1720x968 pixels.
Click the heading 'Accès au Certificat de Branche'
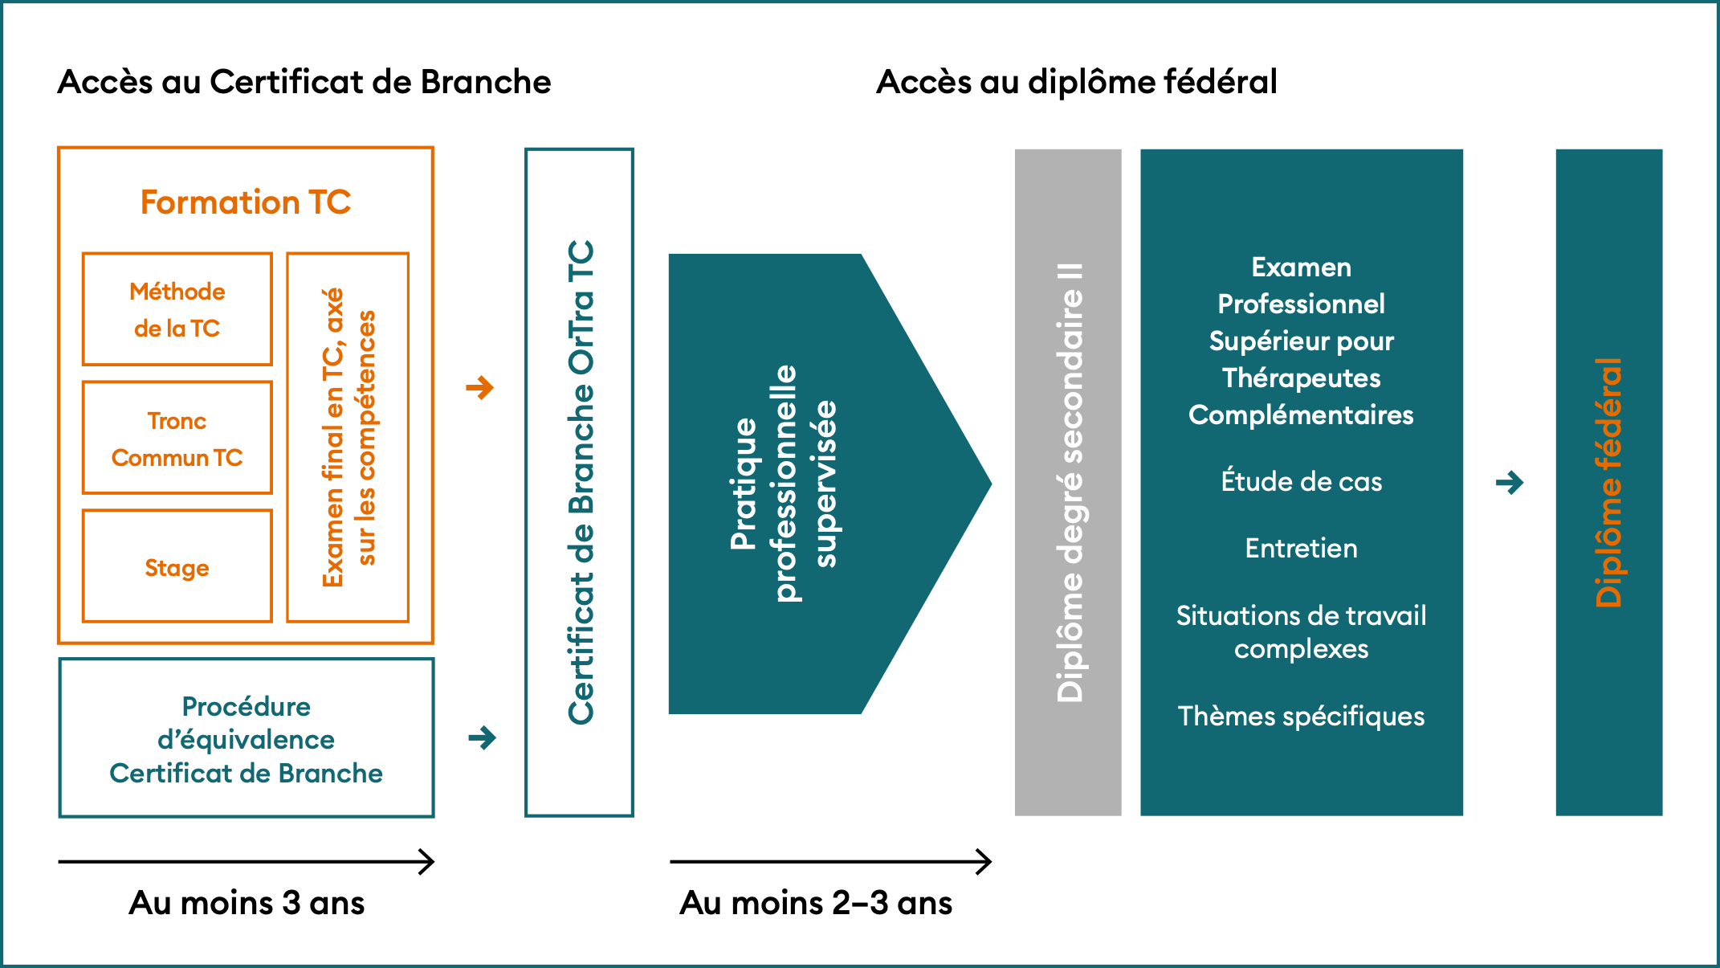(x=304, y=82)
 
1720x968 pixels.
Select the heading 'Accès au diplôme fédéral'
(x=1076, y=82)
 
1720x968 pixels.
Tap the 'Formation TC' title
(x=246, y=202)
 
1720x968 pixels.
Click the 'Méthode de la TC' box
(x=177, y=309)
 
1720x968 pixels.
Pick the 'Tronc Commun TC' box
(x=177, y=438)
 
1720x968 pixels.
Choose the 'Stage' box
(x=177, y=566)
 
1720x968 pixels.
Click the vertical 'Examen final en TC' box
(x=348, y=438)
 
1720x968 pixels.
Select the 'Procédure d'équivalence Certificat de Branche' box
(x=247, y=738)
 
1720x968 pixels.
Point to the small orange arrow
(x=480, y=388)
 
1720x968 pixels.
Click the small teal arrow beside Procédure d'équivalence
(x=482, y=737)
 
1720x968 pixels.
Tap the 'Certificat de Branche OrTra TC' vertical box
(x=580, y=482)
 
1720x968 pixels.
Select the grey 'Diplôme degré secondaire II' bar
(x=1068, y=482)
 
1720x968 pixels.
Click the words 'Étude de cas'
(x=1301, y=481)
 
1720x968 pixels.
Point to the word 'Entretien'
(x=1301, y=548)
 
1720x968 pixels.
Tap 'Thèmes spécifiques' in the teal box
(x=1301, y=716)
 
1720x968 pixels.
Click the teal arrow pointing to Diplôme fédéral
(x=1510, y=483)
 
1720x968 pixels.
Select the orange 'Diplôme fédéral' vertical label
(x=1609, y=482)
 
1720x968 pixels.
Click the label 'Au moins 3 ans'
(x=247, y=903)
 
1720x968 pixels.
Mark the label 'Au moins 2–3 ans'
(x=816, y=903)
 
